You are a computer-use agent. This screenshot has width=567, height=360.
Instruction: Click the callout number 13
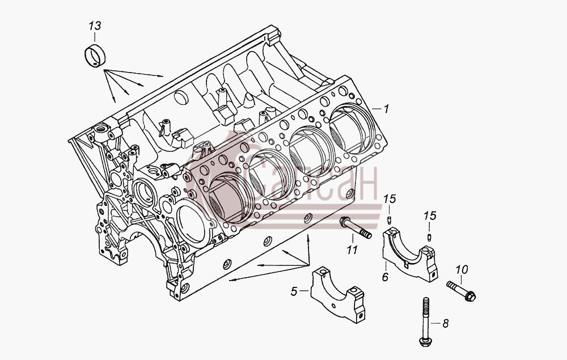(95, 26)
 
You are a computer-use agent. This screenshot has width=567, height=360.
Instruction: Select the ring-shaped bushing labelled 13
(95, 56)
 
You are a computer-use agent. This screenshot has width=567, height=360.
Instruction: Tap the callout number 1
(386, 108)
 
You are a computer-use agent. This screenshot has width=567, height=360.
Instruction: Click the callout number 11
(352, 249)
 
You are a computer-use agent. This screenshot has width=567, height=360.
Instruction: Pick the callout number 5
(294, 291)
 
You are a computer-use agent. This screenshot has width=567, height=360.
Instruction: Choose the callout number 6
(386, 277)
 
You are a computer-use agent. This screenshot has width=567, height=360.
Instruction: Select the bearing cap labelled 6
(410, 254)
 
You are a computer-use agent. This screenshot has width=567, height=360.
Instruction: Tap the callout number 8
(446, 323)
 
